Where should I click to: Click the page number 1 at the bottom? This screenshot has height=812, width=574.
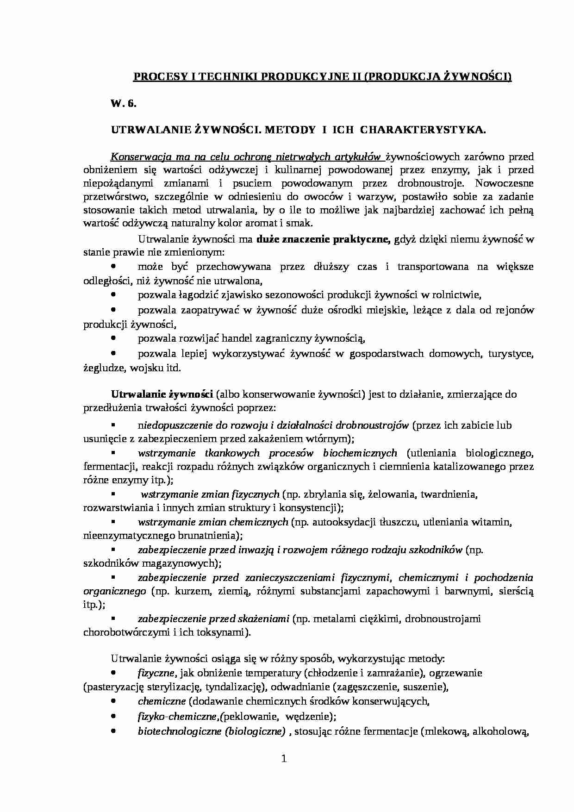click(284, 772)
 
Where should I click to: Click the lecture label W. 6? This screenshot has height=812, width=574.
click(123, 104)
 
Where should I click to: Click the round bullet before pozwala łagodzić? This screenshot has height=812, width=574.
click(113, 294)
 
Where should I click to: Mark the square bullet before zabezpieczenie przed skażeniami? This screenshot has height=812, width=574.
click(112, 618)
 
